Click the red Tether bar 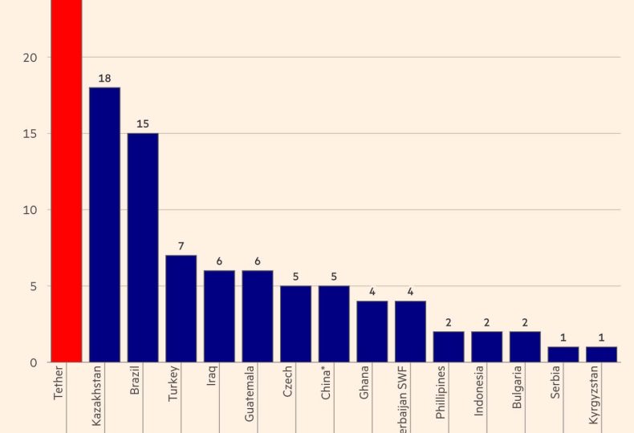point(66,180)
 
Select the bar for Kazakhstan point(104,225)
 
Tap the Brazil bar point(143,247)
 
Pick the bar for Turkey point(181,309)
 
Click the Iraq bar point(219,316)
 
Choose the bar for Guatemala point(258,316)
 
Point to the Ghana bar point(372,331)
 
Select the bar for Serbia point(563,354)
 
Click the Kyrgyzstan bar point(601,354)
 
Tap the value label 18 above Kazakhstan point(104,79)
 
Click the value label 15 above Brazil point(143,124)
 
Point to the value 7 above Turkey point(181,246)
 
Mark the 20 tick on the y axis point(30,58)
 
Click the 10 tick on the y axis point(30,210)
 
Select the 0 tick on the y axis point(33,362)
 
